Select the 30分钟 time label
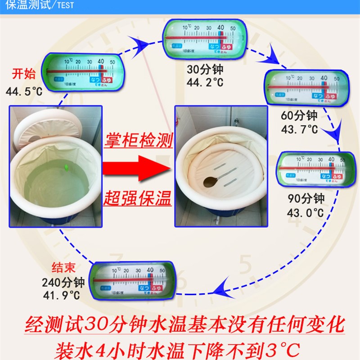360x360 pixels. (x=205, y=71)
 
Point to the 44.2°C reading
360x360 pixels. (x=205, y=82)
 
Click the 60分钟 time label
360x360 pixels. (x=299, y=116)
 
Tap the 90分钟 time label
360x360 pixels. (x=306, y=198)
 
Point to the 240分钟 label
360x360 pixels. (x=63, y=283)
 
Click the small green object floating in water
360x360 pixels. (x=67, y=167)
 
